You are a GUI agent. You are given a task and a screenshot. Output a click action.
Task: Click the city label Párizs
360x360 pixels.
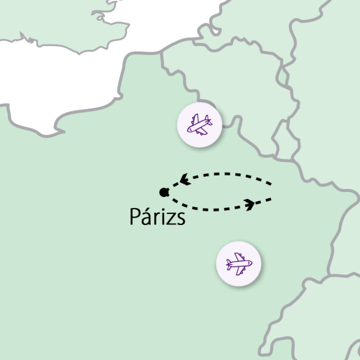157,217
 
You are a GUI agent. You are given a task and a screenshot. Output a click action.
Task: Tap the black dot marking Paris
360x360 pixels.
164,192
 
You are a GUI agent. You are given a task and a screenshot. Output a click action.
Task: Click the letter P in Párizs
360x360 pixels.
135,217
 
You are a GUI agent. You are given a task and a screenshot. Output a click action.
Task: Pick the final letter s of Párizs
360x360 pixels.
181,218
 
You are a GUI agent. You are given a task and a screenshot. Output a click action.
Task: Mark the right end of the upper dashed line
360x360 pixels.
272,183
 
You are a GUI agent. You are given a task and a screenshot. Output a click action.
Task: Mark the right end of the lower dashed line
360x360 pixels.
272,200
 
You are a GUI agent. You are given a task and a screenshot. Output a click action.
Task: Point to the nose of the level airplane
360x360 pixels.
251,263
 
